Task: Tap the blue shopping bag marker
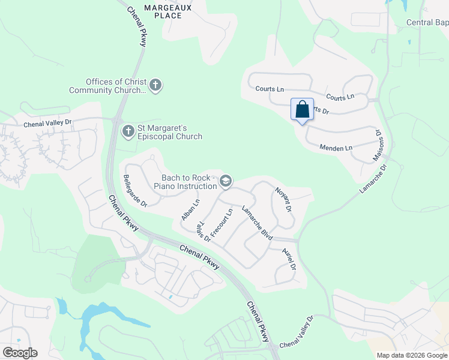[302, 110]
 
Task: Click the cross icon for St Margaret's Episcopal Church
[128, 131]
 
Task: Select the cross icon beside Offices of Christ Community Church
[155, 85]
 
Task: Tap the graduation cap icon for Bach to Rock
[226, 181]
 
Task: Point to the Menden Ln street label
[336, 147]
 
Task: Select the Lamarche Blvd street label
[258, 223]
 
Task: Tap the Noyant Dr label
[283, 200]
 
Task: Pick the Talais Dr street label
[203, 232]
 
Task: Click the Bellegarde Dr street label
[135, 190]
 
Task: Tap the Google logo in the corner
[20, 353]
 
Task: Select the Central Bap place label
[427, 23]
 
